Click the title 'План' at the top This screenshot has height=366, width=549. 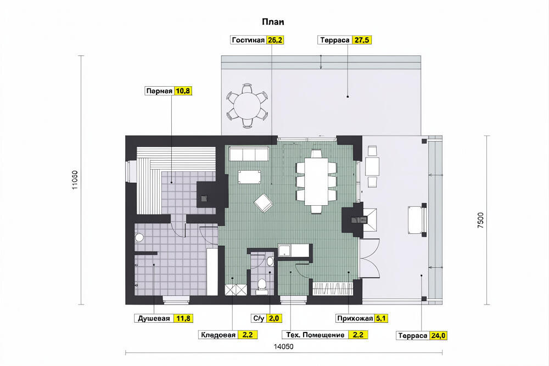tap(273, 22)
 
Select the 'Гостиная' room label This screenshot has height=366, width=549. tap(248, 40)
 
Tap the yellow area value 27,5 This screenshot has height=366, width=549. tap(362, 40)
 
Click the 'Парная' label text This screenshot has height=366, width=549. tap(159, 91)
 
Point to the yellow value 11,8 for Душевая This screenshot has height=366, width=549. tap(183, 318)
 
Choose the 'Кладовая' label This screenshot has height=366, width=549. tap(218, 335)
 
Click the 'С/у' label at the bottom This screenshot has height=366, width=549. tap(259, 318)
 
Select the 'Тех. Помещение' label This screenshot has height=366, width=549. tap(315, 335)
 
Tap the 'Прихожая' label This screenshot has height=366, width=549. tap(355, 318)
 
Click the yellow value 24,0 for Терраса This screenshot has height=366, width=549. tap(438, 336)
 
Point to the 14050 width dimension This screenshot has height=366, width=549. tap(283, 347)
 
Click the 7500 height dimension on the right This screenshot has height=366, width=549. tap(481, 221)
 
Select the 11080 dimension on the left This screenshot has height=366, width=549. tap(75, 180)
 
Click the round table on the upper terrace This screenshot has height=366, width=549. tap(248, 105)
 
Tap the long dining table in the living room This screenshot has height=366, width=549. tap(316, 182)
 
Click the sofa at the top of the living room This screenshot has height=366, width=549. tap(249, 154)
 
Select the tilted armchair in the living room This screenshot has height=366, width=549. tap(264, 203)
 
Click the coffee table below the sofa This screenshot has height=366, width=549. tap(249, 177)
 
